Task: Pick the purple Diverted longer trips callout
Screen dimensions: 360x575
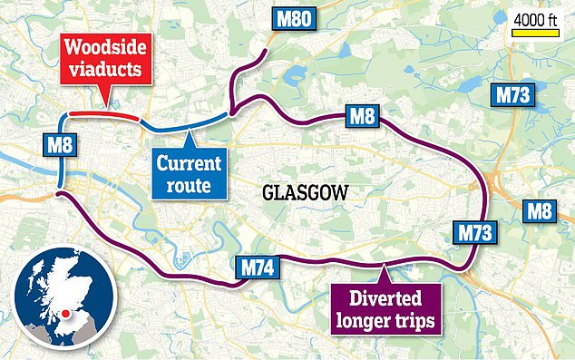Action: coord(384,307)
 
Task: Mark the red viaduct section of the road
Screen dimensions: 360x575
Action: coord(104,114)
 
